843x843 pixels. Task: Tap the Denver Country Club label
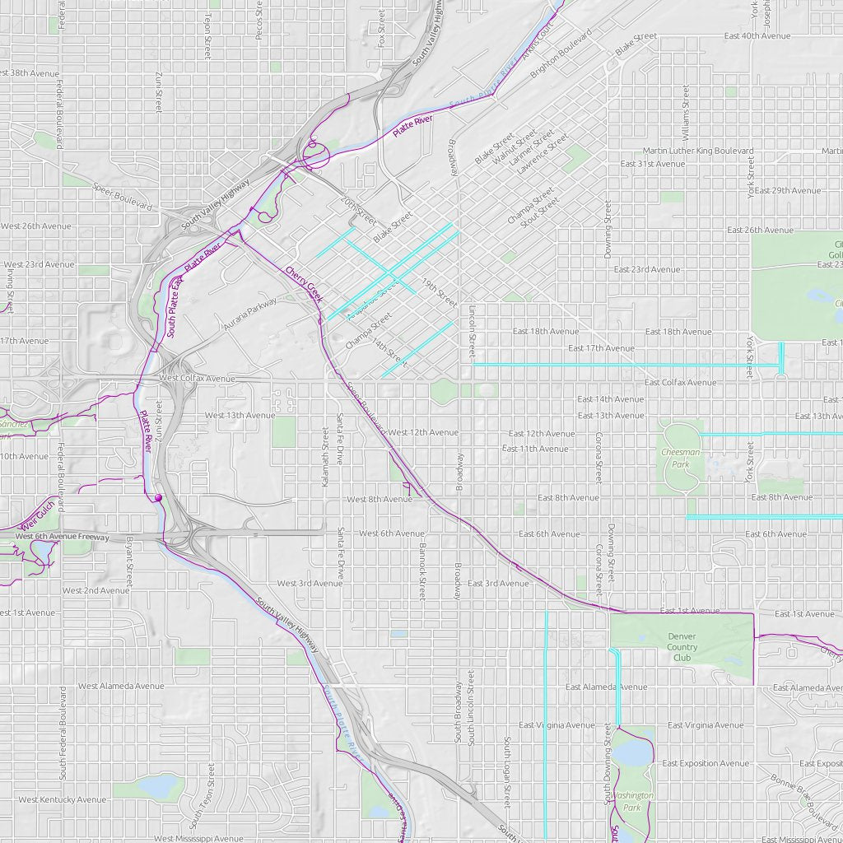[x=682, y=647]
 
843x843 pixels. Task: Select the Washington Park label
[x=631, y=801]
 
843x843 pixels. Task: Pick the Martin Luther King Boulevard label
[x=698, y=151]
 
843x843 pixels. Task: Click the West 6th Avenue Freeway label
[x=62, y=537]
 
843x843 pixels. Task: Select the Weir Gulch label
[x=37, y=515]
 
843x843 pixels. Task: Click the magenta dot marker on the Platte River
[x=157, y=497]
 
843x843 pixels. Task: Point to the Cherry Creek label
[x=304, y=282]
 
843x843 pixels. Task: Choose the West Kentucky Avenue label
[x=62, y=799]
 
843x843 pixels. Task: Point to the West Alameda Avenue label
[x=121, y=686]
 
